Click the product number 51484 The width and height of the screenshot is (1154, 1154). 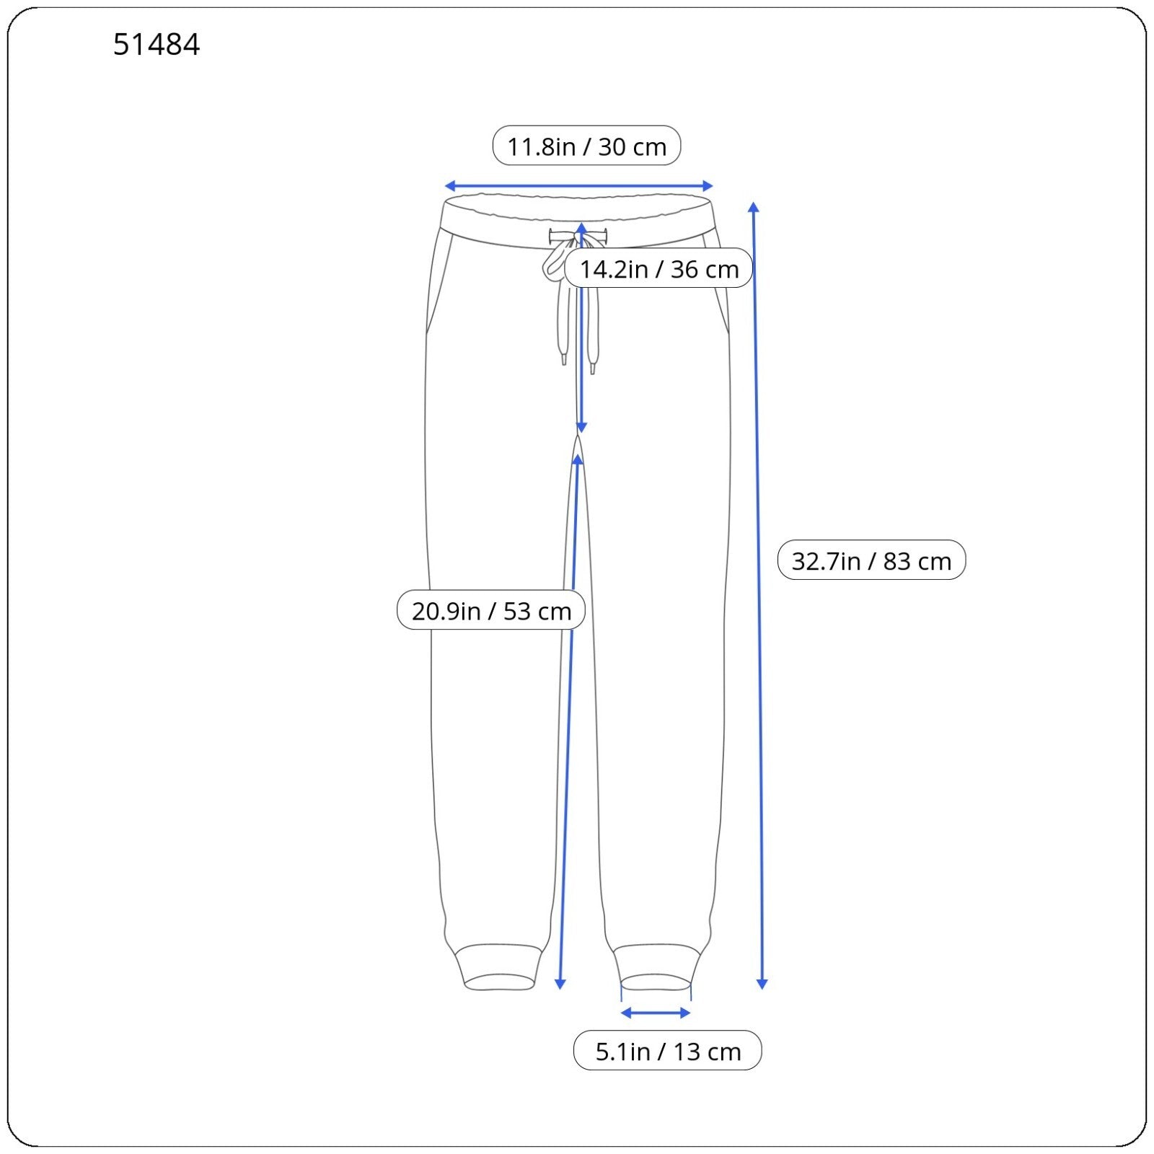click(157, 45)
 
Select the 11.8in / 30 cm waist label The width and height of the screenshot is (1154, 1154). click(586, 146)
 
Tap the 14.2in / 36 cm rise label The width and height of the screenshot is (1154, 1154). click(659, 268)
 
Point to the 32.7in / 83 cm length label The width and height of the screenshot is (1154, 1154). click(871, 560)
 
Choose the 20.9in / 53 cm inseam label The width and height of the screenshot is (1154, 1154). click(491, 610)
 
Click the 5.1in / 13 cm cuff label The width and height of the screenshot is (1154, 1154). click(668, 1051)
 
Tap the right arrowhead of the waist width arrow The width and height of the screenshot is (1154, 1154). click(710, 186)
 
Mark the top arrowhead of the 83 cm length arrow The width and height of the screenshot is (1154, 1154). click(754, 206)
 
